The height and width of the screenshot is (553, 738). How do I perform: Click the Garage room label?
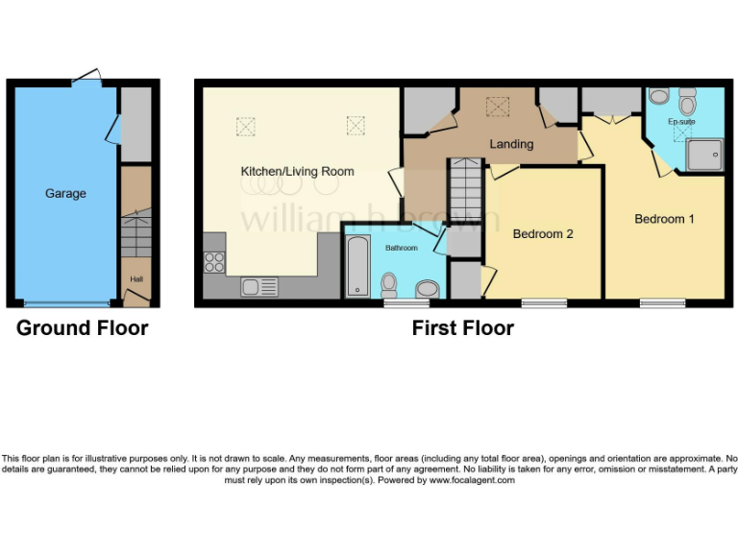pos(65,193)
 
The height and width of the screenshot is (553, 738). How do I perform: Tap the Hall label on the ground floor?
pos(135,279)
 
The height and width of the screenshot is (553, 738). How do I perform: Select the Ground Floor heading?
pos(83,328)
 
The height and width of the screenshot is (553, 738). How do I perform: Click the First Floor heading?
pos(462,328)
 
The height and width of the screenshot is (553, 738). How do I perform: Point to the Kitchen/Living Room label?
pos(297,172)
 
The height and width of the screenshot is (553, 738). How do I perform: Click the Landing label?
pos(511,144)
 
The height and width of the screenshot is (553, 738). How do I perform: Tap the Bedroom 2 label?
pos(543,233)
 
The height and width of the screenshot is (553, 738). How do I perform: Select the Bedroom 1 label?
pos(664,219)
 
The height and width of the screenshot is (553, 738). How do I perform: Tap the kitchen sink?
pos(259,286)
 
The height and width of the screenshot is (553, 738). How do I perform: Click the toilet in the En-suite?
pos(687,100)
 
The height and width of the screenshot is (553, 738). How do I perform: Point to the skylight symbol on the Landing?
pos(499,105)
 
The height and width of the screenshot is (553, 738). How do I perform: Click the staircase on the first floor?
pos(465,190)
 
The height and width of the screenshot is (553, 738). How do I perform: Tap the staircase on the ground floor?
pos(135,236)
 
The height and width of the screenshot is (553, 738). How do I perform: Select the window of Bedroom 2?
pos(543,304)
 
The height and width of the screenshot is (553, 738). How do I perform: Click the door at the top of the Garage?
pos(86,77)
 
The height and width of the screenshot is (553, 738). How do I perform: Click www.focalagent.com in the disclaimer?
pos(471,480)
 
